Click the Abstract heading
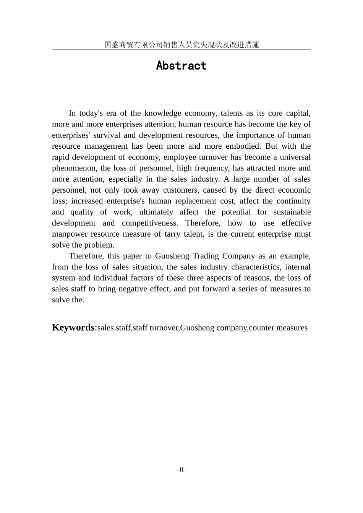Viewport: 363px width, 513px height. point(181,66)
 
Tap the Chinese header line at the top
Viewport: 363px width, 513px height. point(181,45)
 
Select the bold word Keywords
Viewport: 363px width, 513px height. point(73,328)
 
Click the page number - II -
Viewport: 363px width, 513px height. point(181,470)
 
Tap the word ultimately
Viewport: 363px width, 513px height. point(156,212)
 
